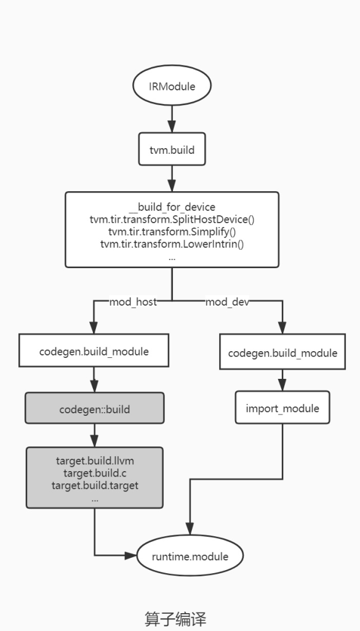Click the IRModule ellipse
(172, 85)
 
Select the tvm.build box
(172, 149)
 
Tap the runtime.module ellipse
(190, 556)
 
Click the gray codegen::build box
(95, 408)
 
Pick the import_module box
(282, 408)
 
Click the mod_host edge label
(133, 302)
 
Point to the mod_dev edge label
(227, 302)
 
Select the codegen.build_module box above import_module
(282, 352)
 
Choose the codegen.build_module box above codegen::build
(94, 351)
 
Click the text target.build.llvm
(95, 461)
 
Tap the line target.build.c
(95, 473)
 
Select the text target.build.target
(95, 485)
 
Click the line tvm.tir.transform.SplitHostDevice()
(172, 220)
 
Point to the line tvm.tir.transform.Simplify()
(172, 232)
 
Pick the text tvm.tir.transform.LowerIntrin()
(172, 244)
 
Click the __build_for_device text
(172, 207)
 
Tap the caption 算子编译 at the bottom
(175, 619)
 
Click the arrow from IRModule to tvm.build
(172, 119)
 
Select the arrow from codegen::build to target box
(95, 435)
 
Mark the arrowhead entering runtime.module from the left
(131, 556)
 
